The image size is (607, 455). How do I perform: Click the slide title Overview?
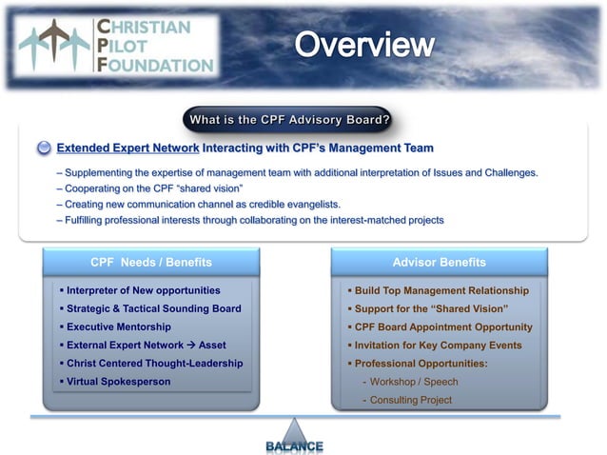click(363, 44)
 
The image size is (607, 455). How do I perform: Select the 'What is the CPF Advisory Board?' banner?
click(289, 120)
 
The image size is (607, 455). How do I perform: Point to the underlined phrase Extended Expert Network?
click(127, 148)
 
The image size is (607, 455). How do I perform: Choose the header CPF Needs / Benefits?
click(151, 262)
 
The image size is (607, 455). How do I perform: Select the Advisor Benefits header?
click(439, 262)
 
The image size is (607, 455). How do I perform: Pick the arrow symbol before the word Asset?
click(190, 345)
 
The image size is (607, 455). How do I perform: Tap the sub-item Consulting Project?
click(411, 400)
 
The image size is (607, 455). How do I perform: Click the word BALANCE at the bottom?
click(294, 445)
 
